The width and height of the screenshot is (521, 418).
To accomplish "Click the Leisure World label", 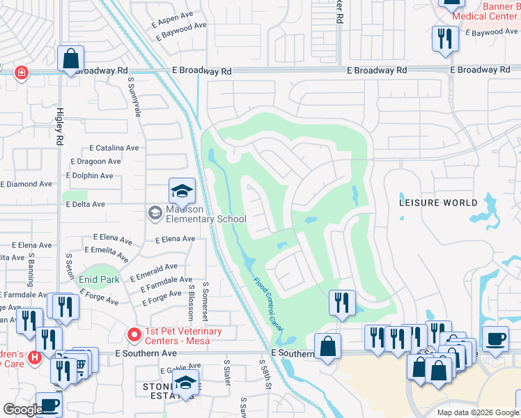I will (x=438, y=203).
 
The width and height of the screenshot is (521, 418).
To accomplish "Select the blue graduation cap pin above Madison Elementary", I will (x=181, y=191).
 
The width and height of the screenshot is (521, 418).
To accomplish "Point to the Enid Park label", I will (x=99, y=279).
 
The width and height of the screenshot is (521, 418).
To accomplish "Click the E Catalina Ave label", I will (x=114, y=148).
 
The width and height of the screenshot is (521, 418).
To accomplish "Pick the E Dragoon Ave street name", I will (x=95, y=161).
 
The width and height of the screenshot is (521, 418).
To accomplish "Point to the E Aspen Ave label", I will (x=172, y=15).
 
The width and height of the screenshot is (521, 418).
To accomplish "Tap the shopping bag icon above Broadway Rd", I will (x=71, y=59).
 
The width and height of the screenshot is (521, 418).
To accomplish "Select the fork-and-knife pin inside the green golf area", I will (x=342, y=302).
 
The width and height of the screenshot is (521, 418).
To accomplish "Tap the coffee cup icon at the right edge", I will (x=495, y=339).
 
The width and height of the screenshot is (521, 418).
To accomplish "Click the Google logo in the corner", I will (x=22, y=409).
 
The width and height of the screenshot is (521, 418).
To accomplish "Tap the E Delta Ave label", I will (x=85, y=204).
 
